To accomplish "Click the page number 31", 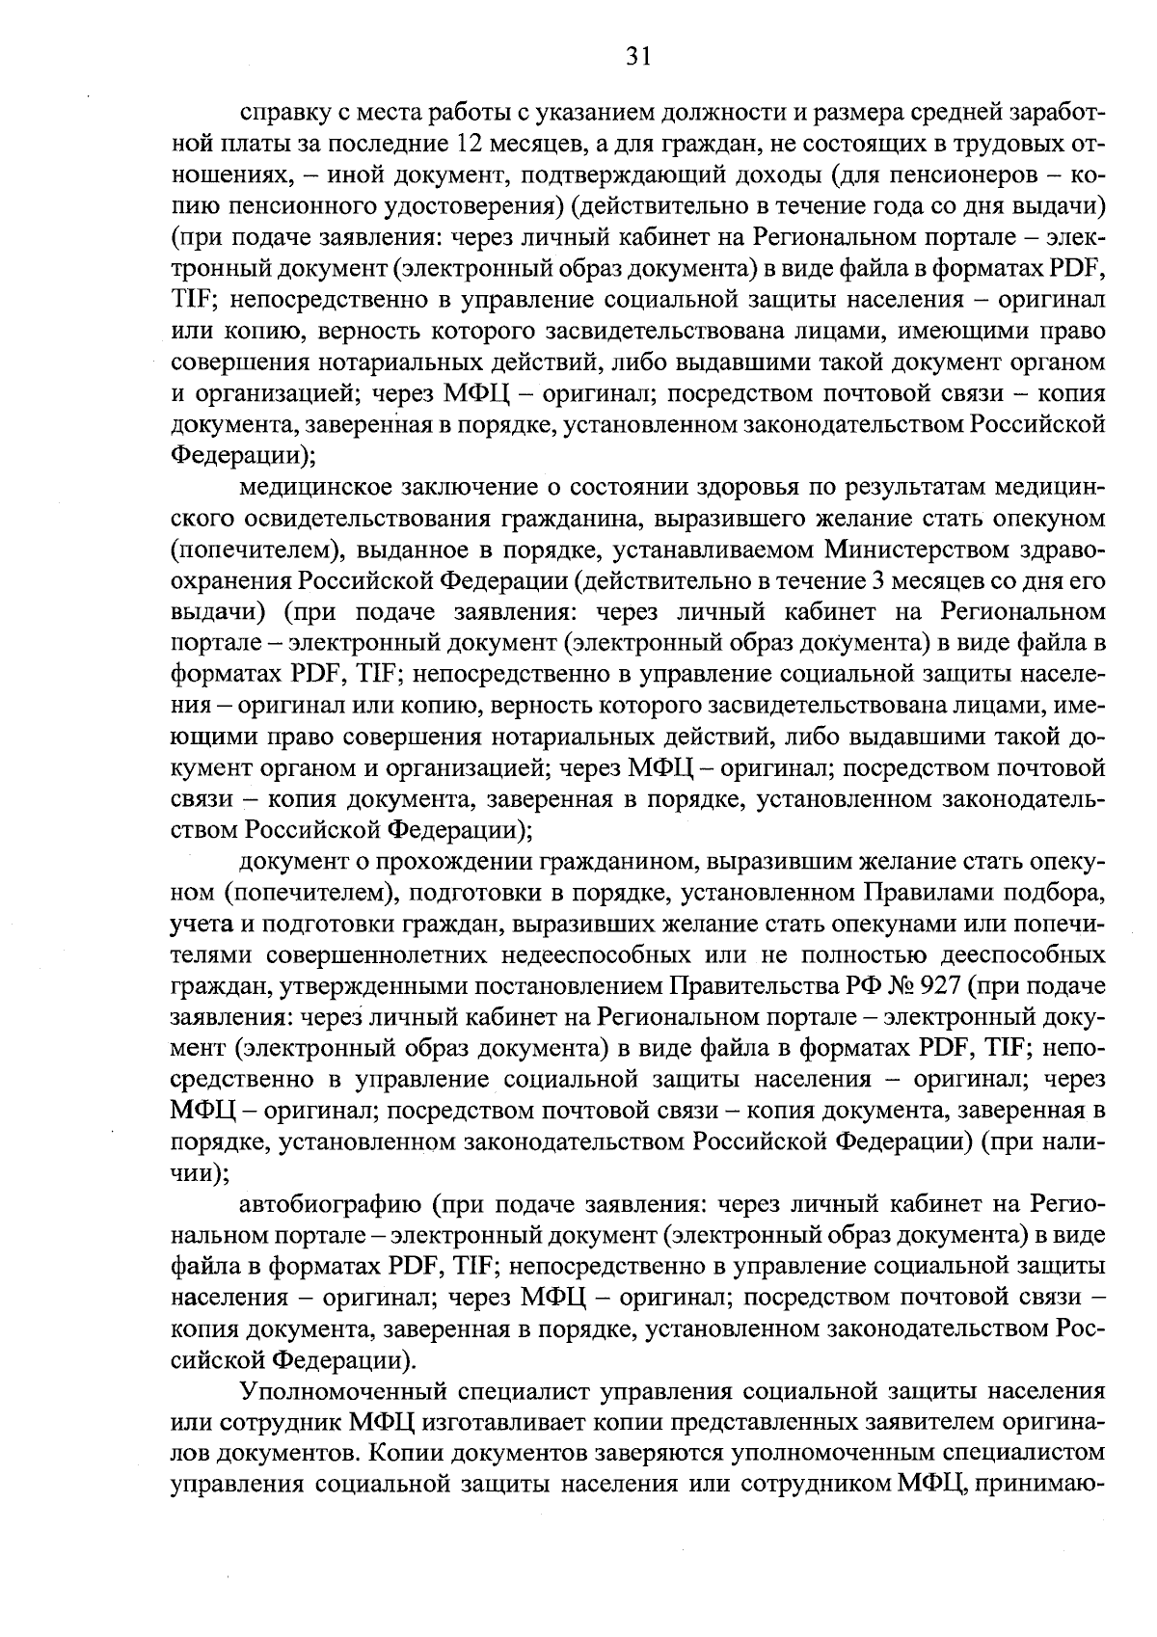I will coord(639,56).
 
